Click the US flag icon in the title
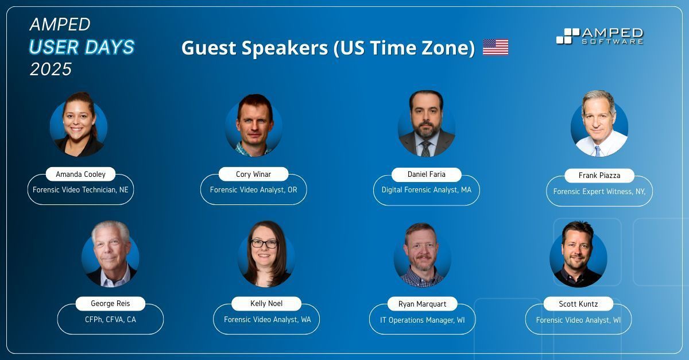pyautogui.click(x=496, y=47)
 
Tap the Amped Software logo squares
pyautogui.click(x=567, y=36)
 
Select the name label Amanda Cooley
pyautogui.click(x=80, y=174)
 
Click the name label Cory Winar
pyautogui.click(x=253, y=174)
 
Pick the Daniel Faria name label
pyautogui.click(x=426, y=174)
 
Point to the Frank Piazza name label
pyautogui.click(x=599, y=175)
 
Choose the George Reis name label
pyautogui.click(x=110, y=303)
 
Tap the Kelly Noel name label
pyautogui.click(x=266, y=303)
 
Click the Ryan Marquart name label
pyautogui.click(x=422, y=304)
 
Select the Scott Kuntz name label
pyautogui.click(x=578, y=304)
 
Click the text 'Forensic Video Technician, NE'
pyautogui.click(x=80, y=189)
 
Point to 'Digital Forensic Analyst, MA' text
pyautogui.click(x=426, y=189)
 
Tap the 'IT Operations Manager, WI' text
pyautogui.click(x=422, y=320)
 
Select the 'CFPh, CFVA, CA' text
pyautogui.click(x=110, y=320)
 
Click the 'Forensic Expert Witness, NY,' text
pyautogui.click(x=599, y=192)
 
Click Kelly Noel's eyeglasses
pyautogui.click(x=264, y=243)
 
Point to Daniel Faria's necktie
pyautogui.click(x=426, y=149)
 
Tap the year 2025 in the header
pyautogui.click(x=51, y=69)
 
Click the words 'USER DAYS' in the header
pyautogui.click(x=82, y=47)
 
